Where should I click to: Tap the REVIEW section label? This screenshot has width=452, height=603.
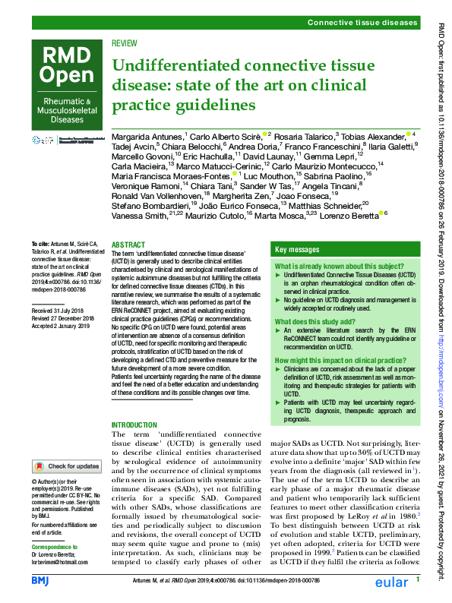125,44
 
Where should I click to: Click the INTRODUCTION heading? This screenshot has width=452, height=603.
136,425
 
